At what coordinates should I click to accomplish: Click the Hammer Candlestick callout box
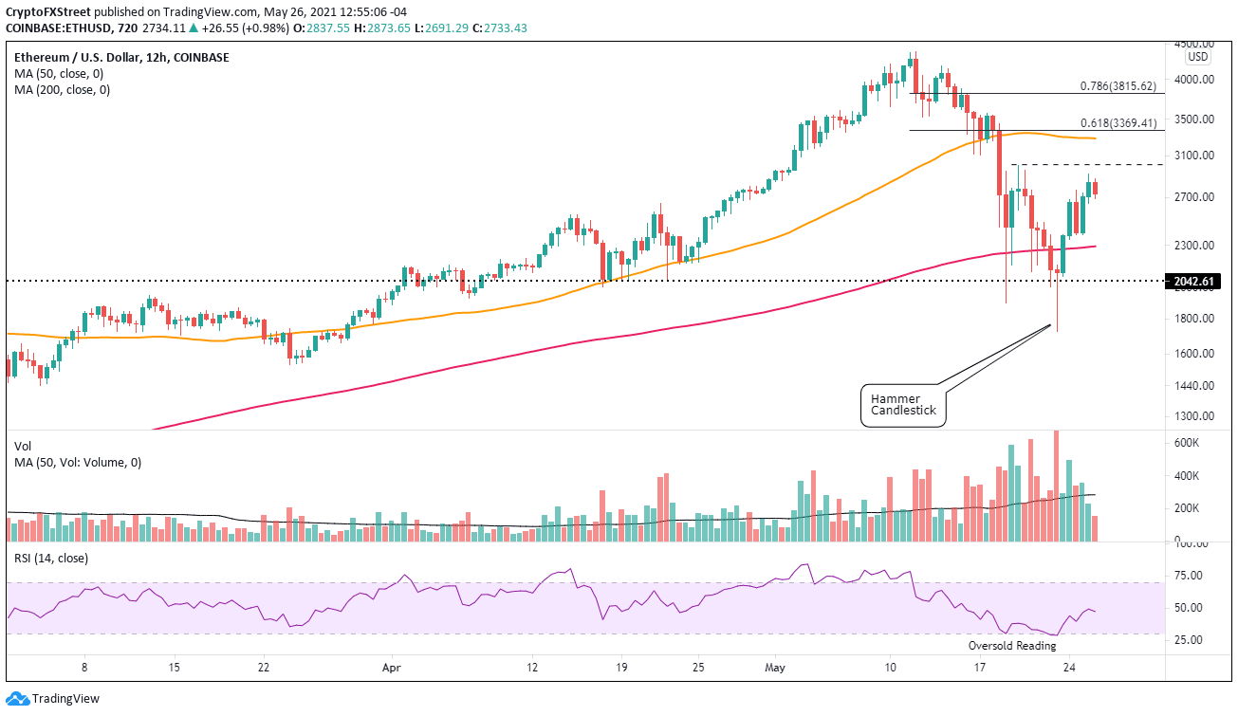click(904, 405)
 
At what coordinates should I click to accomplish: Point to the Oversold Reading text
click(1010, 646)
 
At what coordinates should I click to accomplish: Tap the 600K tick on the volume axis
click(1185, 443)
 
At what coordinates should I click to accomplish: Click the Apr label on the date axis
click(390, 668)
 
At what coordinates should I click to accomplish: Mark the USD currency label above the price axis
click(1198, 57)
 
